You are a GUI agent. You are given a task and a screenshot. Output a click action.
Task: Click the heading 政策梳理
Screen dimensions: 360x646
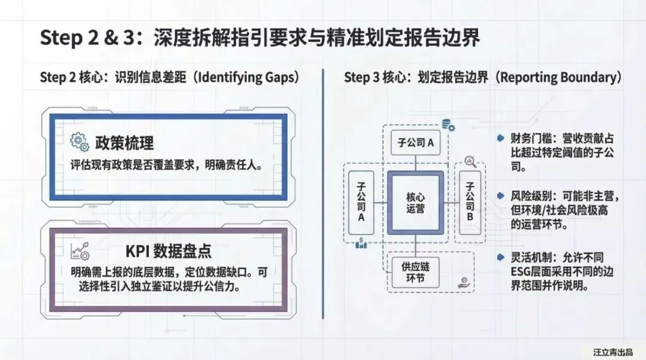click(124, 143)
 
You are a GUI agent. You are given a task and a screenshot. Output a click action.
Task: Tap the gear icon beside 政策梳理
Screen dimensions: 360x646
click(80, 142)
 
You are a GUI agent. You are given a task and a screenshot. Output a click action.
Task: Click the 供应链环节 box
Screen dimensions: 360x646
click(415, 271)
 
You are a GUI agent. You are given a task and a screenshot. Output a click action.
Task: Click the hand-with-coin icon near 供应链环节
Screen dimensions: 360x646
click(464, 282)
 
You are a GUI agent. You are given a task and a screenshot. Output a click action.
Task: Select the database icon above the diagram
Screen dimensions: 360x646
click(447, 125)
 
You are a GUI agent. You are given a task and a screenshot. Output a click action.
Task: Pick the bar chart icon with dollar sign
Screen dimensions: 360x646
click(361, 243)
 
